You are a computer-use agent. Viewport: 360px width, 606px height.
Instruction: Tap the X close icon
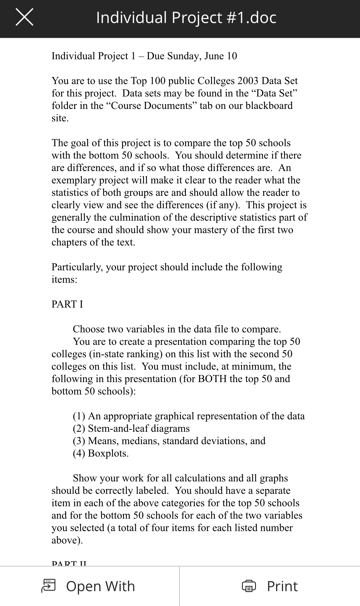[24, 17]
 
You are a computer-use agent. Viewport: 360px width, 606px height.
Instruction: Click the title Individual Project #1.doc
[186, 17]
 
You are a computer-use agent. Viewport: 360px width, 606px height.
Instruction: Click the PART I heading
[67, 304]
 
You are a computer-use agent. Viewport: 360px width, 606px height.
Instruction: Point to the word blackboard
[269, 105]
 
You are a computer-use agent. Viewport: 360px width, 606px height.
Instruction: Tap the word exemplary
[74, 180]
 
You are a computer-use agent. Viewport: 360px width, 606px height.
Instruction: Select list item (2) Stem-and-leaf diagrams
[131, 428]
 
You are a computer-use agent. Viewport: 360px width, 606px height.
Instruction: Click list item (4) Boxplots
[101, 453]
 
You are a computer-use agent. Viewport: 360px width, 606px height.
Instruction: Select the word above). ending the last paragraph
[67, 540]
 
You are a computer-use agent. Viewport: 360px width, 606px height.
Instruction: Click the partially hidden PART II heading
[69, 563]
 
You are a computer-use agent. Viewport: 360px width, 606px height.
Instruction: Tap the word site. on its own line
[60, 118]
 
